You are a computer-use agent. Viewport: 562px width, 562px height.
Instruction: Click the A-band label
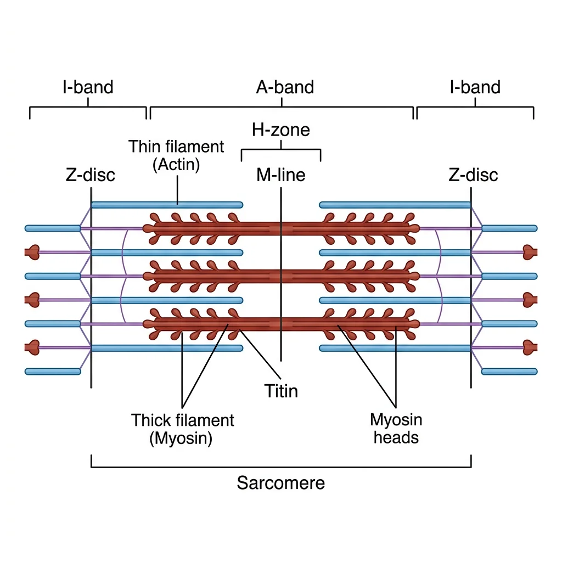(285, 87)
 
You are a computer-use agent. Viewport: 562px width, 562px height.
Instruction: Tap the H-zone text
(280, 130)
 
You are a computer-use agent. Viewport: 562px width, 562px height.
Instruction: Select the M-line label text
(280, 175)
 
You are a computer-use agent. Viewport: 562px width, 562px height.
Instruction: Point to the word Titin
(281, 391)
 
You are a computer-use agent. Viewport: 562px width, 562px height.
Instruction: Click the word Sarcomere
(280, 483)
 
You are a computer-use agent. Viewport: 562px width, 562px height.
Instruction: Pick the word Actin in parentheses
(177, 163)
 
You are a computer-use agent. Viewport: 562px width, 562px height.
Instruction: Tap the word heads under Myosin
(396, 437)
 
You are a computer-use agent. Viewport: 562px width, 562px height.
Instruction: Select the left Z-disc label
(90, 175)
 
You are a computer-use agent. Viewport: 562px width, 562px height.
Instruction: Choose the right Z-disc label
(473, 175)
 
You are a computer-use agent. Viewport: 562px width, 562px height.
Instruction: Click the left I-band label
(88, 87)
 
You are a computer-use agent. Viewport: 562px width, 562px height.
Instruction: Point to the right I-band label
(475, 87)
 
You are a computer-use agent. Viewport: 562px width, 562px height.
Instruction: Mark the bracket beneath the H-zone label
(280, 149)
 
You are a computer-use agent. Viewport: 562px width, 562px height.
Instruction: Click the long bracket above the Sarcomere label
(280, 467)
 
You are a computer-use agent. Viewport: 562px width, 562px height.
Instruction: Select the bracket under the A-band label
(281, 108)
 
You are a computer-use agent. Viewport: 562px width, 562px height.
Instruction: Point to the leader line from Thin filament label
(177, 189)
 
